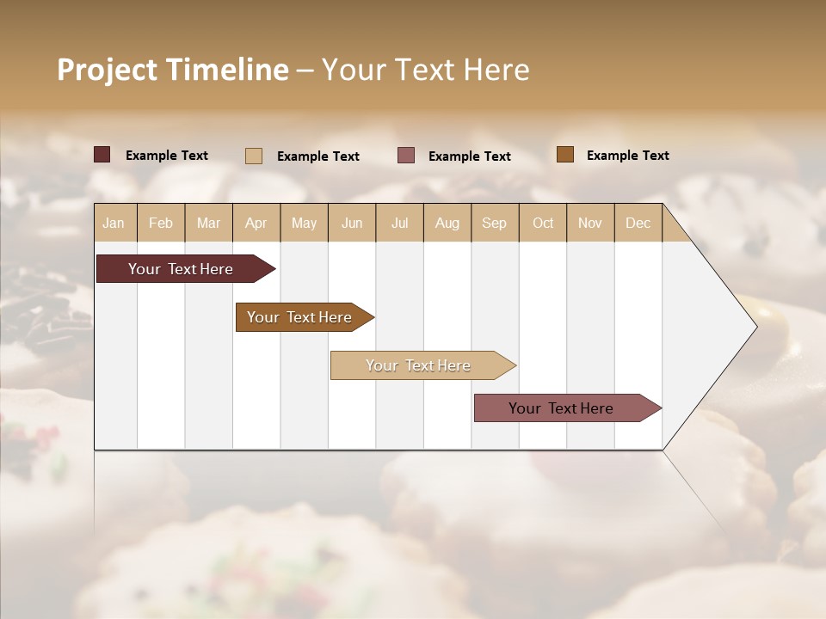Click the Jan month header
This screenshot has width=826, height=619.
[114, 224]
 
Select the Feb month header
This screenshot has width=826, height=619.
[161, 224]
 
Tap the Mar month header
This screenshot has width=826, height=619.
[208, 224]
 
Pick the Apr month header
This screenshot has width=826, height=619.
[256, 224]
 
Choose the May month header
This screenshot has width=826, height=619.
[304, 224]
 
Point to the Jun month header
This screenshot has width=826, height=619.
[352, 224]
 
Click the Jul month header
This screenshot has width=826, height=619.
[399, 224]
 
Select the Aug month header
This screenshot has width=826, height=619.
[447, 224]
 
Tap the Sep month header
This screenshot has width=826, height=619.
[494, 224]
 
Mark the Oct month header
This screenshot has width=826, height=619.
[543, 224]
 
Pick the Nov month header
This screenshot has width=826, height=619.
[589, 224]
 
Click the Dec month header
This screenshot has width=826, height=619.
[638, 224]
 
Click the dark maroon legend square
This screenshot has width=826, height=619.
[102, 155]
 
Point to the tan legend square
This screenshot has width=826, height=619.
[254, 156]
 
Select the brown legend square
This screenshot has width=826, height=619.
[565, 155]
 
